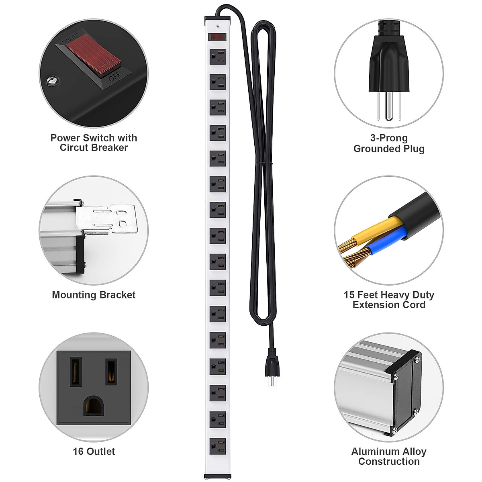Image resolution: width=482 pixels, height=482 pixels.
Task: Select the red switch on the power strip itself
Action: tap(217, 37)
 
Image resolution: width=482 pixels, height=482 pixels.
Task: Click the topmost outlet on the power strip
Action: tap(217, 57)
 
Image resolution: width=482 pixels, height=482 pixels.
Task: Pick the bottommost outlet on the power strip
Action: tap(217, 446)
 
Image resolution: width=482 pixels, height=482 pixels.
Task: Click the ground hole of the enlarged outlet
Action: tap(93, 406)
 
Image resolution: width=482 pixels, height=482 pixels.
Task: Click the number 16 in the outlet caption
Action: tap(78, 451)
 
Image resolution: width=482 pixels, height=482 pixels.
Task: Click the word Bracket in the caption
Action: tap(118, 295)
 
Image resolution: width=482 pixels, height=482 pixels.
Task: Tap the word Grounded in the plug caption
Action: tap(372, 149)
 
